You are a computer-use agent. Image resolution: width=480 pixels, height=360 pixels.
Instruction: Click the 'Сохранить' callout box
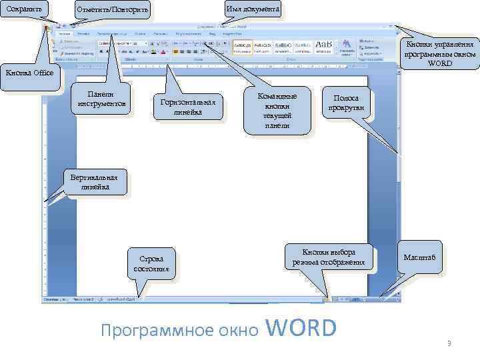[25, 10]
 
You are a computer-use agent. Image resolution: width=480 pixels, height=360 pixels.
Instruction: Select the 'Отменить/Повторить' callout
[113, 10]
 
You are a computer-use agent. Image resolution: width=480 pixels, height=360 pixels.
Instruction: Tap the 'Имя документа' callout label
[253, 9]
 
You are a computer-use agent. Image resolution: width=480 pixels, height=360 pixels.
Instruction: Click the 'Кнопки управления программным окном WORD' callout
[439, 53]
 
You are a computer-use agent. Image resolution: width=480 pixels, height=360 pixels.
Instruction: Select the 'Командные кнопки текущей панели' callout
[277, 111]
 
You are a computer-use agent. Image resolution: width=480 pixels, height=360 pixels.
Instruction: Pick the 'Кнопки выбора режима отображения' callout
[329, 257]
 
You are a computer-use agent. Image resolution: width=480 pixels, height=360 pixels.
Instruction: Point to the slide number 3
[449, 343]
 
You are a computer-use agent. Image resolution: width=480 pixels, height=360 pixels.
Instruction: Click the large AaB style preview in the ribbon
[325, 45]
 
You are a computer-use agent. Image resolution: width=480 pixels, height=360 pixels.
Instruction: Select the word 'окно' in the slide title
[237, 331]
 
